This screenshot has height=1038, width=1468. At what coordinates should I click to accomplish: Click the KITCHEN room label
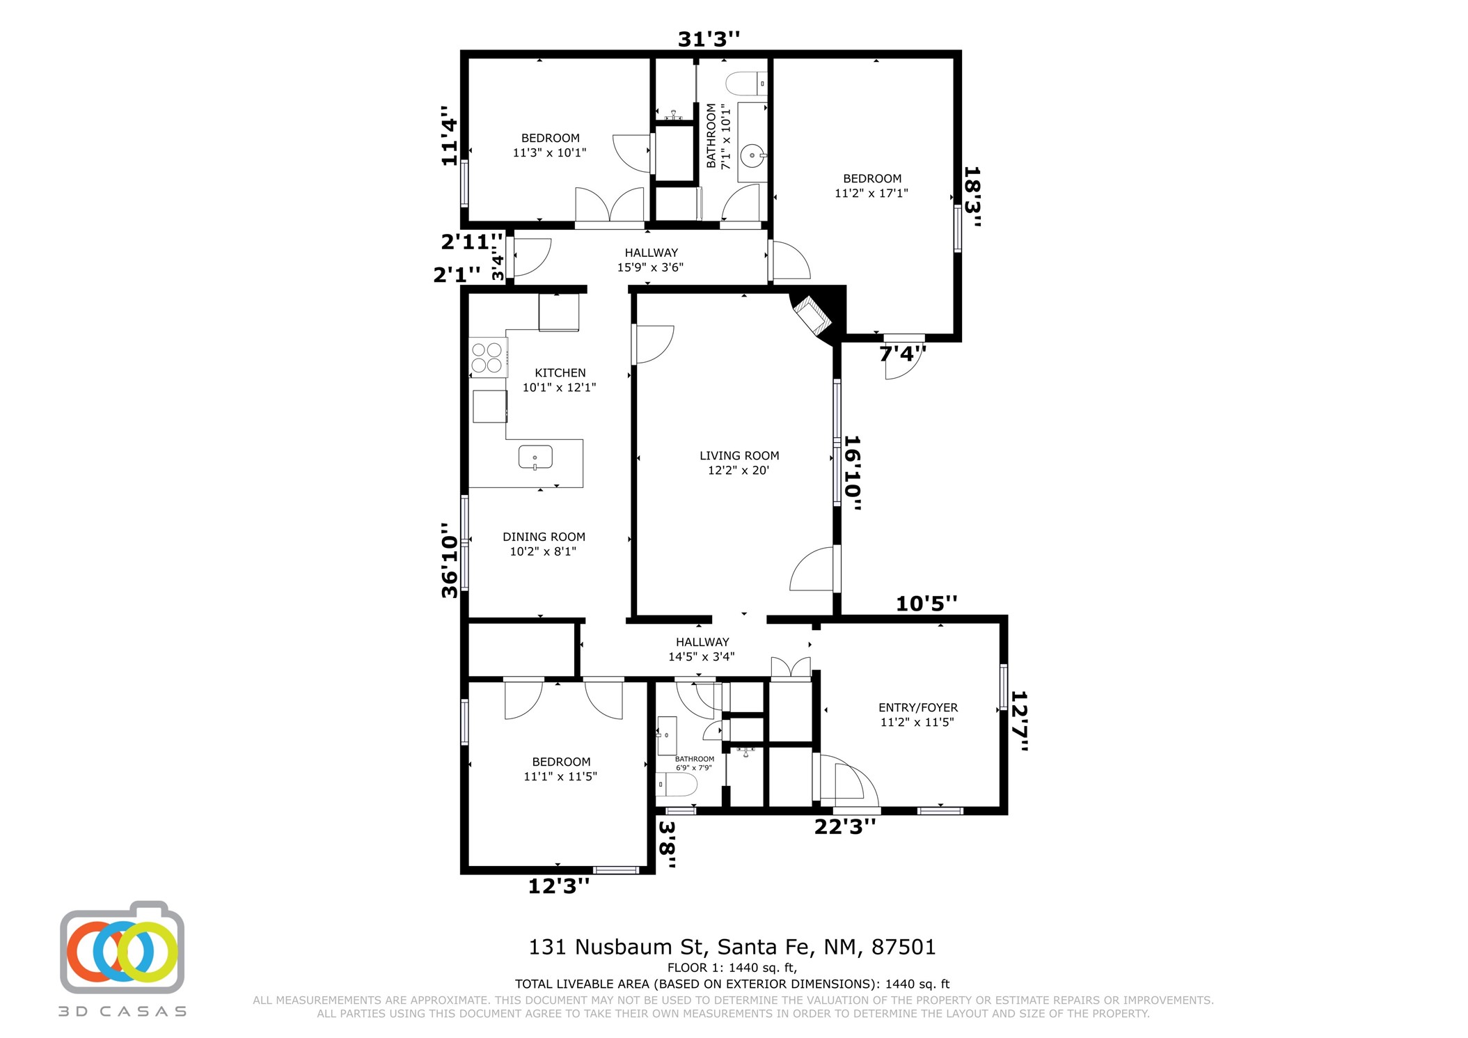click(560, 373)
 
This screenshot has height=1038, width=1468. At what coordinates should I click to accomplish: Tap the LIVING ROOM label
click(739, 456)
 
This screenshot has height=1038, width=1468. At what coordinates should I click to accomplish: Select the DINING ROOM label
click(544, 537)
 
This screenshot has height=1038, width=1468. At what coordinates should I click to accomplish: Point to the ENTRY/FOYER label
click(918, 707)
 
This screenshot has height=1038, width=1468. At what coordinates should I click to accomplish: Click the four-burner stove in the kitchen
click(487, 357)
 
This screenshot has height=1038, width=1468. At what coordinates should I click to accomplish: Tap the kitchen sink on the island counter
click(535, 457)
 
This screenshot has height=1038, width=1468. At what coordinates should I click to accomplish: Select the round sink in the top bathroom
click(752, 156)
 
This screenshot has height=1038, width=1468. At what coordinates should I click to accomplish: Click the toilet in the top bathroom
click(747, 84)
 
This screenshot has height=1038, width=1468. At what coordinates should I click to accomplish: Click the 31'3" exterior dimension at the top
click(709, 39)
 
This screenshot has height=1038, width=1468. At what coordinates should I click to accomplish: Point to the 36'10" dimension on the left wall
click(450, 560)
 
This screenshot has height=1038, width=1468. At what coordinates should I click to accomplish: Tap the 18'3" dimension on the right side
click(972, 197)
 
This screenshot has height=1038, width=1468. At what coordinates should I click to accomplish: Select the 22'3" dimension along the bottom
click(845, 827)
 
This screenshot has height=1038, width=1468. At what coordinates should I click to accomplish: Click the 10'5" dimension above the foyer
click(926, 604)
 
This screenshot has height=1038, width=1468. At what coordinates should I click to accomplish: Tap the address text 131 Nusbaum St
click(617, 947)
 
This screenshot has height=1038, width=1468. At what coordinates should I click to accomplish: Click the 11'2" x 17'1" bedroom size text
click(871, 194)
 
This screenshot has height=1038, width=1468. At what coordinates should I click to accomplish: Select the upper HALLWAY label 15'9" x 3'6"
click(651, 260)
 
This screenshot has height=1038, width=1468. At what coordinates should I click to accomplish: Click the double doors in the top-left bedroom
click(610, 207)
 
